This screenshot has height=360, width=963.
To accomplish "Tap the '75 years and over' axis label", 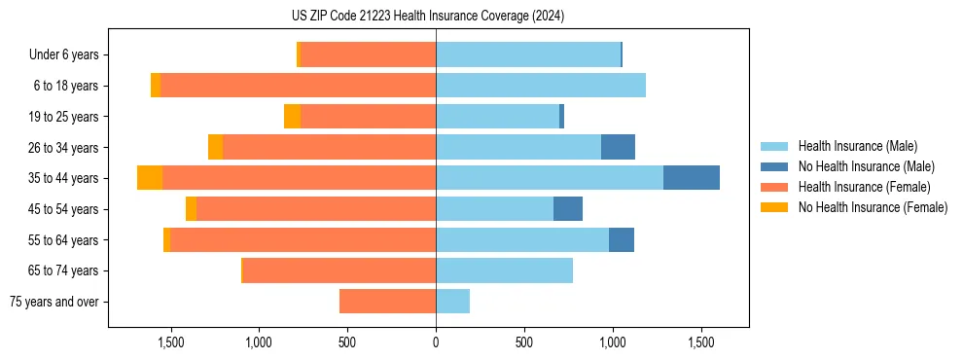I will click(54, 302).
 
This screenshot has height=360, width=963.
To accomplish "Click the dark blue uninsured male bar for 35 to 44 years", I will click(691, 178).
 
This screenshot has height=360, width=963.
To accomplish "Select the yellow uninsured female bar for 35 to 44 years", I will click(150, 178).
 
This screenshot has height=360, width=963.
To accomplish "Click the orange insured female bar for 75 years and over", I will click(387, 302).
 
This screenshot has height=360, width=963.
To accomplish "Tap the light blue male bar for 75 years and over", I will click(452, 302).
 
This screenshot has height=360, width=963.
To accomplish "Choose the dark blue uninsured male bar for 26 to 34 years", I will click(618, 147).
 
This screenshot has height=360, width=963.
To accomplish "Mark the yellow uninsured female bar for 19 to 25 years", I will click(292, 117).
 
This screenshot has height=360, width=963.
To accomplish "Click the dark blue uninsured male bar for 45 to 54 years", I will click(568, 209).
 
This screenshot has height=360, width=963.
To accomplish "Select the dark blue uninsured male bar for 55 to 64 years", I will click(622, 239).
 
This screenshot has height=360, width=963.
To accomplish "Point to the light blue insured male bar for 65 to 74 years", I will click(504, 270).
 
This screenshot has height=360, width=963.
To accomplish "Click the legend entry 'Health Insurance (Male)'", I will click(857, 146).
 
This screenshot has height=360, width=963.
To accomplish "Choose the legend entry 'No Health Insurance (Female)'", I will click(873, 207).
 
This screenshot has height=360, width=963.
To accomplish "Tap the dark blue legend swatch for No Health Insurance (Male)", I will click(774, 166).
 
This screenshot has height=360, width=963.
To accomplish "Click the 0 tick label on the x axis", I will click(436, 343).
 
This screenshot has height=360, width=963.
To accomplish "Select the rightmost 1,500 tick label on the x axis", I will click(701, 343).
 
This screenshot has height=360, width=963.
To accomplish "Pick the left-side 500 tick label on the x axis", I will click(347, 343).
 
